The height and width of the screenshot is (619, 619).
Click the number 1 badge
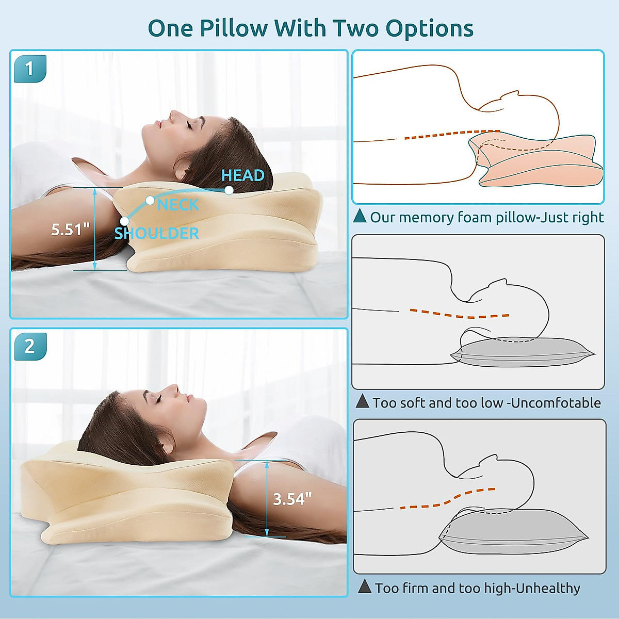point(29,68)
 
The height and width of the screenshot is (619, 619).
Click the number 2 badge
point(29,346)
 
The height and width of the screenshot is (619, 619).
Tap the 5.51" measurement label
point(71,229)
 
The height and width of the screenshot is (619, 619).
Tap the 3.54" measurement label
point(292,499)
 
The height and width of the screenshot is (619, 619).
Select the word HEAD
point(242,175)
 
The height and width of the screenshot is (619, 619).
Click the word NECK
point(178,205)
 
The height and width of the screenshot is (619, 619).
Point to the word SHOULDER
point(157,233)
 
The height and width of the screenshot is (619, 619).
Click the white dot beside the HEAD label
point(229,190)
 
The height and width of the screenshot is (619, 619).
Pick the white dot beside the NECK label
point(150,200)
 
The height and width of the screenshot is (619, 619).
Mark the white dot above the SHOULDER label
point(124,222)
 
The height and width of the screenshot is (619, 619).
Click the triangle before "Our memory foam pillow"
point(360,216)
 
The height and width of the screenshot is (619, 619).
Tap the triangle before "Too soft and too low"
point(363,401)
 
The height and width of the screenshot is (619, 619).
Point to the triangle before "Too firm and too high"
point(365,587)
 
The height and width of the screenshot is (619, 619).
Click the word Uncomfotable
point(556,402)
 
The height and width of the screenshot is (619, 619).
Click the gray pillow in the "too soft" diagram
point(521,353)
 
